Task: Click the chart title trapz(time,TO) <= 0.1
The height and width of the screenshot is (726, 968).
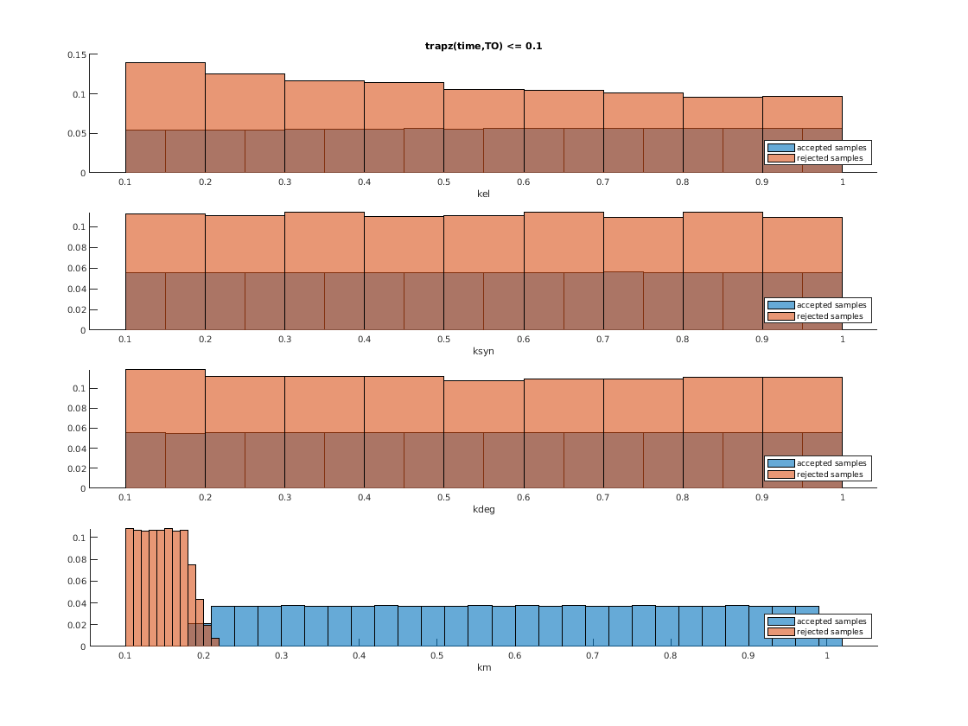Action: [483, 46]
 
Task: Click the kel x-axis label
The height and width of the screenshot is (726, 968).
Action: [483, 194]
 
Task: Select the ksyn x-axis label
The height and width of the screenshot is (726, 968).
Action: [483, 351]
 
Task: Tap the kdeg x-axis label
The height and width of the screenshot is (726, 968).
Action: [483, 509]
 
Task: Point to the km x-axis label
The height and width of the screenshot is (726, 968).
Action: [483, 667]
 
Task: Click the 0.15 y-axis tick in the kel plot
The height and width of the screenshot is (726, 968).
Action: [76, 54]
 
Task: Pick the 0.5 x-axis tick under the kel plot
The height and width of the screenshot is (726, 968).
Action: [443, 181]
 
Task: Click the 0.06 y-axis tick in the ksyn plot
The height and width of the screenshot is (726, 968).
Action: [76, 268]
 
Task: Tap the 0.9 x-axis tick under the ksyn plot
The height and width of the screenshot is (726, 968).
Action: [762, 339]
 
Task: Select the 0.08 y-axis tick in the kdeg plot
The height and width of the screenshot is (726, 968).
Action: [76, 408]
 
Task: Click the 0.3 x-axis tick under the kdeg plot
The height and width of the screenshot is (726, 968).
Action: [284, 497]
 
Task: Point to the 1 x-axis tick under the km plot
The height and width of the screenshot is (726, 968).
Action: [827, 656]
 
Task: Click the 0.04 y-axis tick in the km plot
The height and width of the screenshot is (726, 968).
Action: [76, 602]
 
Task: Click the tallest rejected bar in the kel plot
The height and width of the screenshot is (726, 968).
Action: [165, 95]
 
